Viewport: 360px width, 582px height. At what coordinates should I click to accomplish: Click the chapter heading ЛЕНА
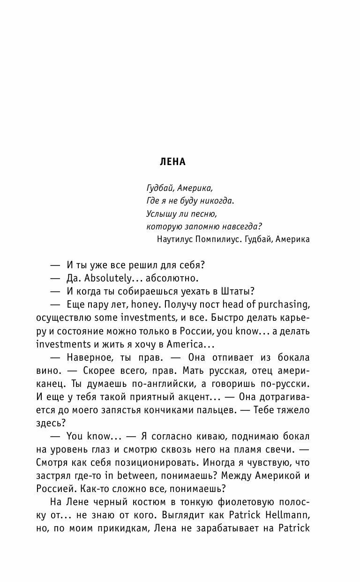[x=172, y=162]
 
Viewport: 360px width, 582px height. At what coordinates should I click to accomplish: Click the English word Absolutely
[x=103, y=278]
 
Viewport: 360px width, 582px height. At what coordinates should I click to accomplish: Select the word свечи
[x=281, y=449]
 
